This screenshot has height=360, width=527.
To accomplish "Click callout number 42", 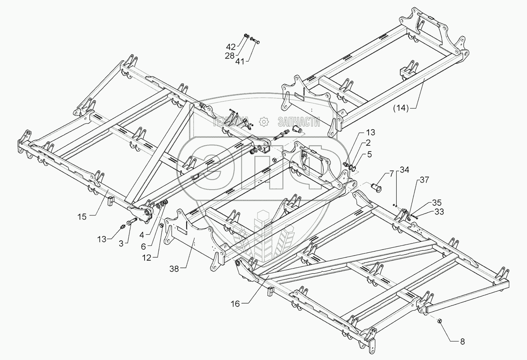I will click(231, 47).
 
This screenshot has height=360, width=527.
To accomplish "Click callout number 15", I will click(82, 217).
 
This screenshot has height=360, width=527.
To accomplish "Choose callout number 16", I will click(235, 304).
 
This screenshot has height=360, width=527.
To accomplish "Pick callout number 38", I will click(174, 269).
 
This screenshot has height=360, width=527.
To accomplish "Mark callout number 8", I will click(462, 341).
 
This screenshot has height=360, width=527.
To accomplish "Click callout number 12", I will click(146, 258).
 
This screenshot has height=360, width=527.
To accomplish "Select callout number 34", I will click(404, 170).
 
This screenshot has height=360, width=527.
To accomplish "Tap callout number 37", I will click(424, 180).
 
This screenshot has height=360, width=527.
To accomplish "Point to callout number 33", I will click(439, 211).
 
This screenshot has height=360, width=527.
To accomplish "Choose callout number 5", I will click(369, 155).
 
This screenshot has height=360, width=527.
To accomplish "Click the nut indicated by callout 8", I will click(439, 321).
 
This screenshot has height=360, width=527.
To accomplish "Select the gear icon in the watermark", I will click(264, 122).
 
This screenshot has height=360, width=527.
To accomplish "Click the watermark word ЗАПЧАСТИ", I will click(299, 122).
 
